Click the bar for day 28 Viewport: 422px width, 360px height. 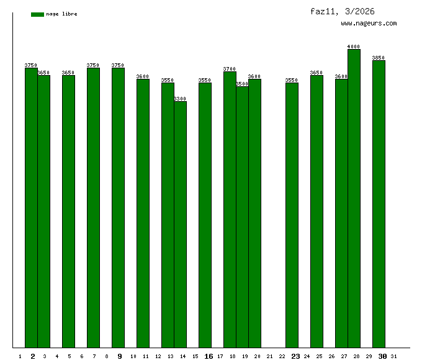click(354, 199)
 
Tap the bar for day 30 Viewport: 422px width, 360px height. click(379, 204)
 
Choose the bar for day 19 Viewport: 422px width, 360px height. click(242, 217)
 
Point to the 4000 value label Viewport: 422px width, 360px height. click(354, 47)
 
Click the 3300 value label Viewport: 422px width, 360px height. click(180, 99)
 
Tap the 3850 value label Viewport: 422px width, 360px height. click(379, 58)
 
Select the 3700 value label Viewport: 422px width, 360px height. click(230, 69)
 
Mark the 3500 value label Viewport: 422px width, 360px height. click(242, 84)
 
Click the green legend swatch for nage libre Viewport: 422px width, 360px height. click(37, 14)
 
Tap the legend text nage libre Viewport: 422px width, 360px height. click(61, 14)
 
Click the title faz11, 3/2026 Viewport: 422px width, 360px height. click(343, 11)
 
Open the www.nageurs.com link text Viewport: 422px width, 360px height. click(369, 24)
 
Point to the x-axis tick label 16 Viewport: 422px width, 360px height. click(209, 356)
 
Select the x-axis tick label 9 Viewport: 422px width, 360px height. click(120, 356)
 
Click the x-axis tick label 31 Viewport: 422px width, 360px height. click(394, 356)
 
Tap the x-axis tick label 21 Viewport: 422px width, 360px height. click(269, 356)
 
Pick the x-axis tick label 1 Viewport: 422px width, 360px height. click(20, 356)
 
